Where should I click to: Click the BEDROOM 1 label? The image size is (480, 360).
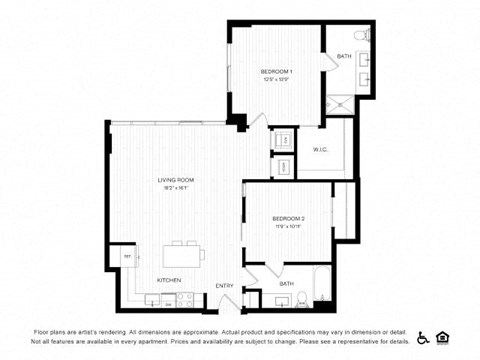tap(276, 72)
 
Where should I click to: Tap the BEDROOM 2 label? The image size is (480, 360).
tap(288, 218)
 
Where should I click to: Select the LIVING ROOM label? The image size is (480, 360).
tap(175, 180)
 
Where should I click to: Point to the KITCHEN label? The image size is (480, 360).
tap(169, 280)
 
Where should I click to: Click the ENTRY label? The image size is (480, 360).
tap(224, 286)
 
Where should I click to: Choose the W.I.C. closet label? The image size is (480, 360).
tap(321, 151)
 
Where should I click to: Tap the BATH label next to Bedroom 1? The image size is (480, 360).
tap(344, 57)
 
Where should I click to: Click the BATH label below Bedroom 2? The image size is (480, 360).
tap(286, 283)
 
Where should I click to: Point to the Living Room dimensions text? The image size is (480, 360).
tap(175, 188)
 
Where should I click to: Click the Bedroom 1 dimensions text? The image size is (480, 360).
tap(276, 80)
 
